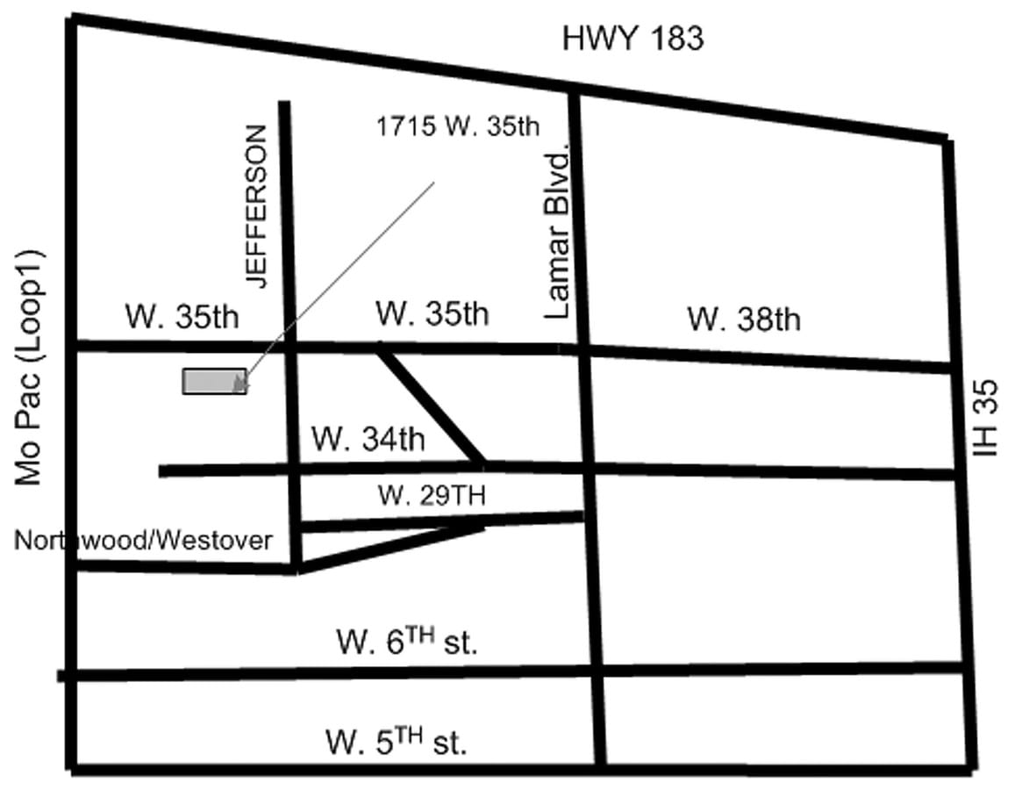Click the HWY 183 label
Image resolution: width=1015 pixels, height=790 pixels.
pos(633,39)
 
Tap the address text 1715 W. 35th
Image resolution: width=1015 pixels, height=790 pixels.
pos(458,126)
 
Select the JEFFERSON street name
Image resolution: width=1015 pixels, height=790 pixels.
pos(254,207)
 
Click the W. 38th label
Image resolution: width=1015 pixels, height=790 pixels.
pos(743,319)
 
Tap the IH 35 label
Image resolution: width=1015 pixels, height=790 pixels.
pos(989,418)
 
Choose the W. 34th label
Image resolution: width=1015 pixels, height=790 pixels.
pos(368,438)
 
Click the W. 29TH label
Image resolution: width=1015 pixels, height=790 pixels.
pos(432,495)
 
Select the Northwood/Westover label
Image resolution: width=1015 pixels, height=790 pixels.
pos(143,540)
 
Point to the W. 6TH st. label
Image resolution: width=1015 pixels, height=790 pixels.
pos(406,643)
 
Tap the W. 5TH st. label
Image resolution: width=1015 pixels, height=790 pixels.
pos(397,743)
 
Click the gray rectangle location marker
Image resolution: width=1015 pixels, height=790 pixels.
pos(213,381)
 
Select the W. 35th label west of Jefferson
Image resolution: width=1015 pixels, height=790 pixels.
pos(182,316)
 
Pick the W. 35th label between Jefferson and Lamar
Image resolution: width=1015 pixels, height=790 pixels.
pos(432,313)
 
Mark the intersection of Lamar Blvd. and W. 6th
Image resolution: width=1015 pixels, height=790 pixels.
pos(597,671)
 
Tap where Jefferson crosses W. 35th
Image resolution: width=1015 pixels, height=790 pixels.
pos(289,347)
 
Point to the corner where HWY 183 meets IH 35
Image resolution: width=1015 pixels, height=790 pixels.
pos(946,139)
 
